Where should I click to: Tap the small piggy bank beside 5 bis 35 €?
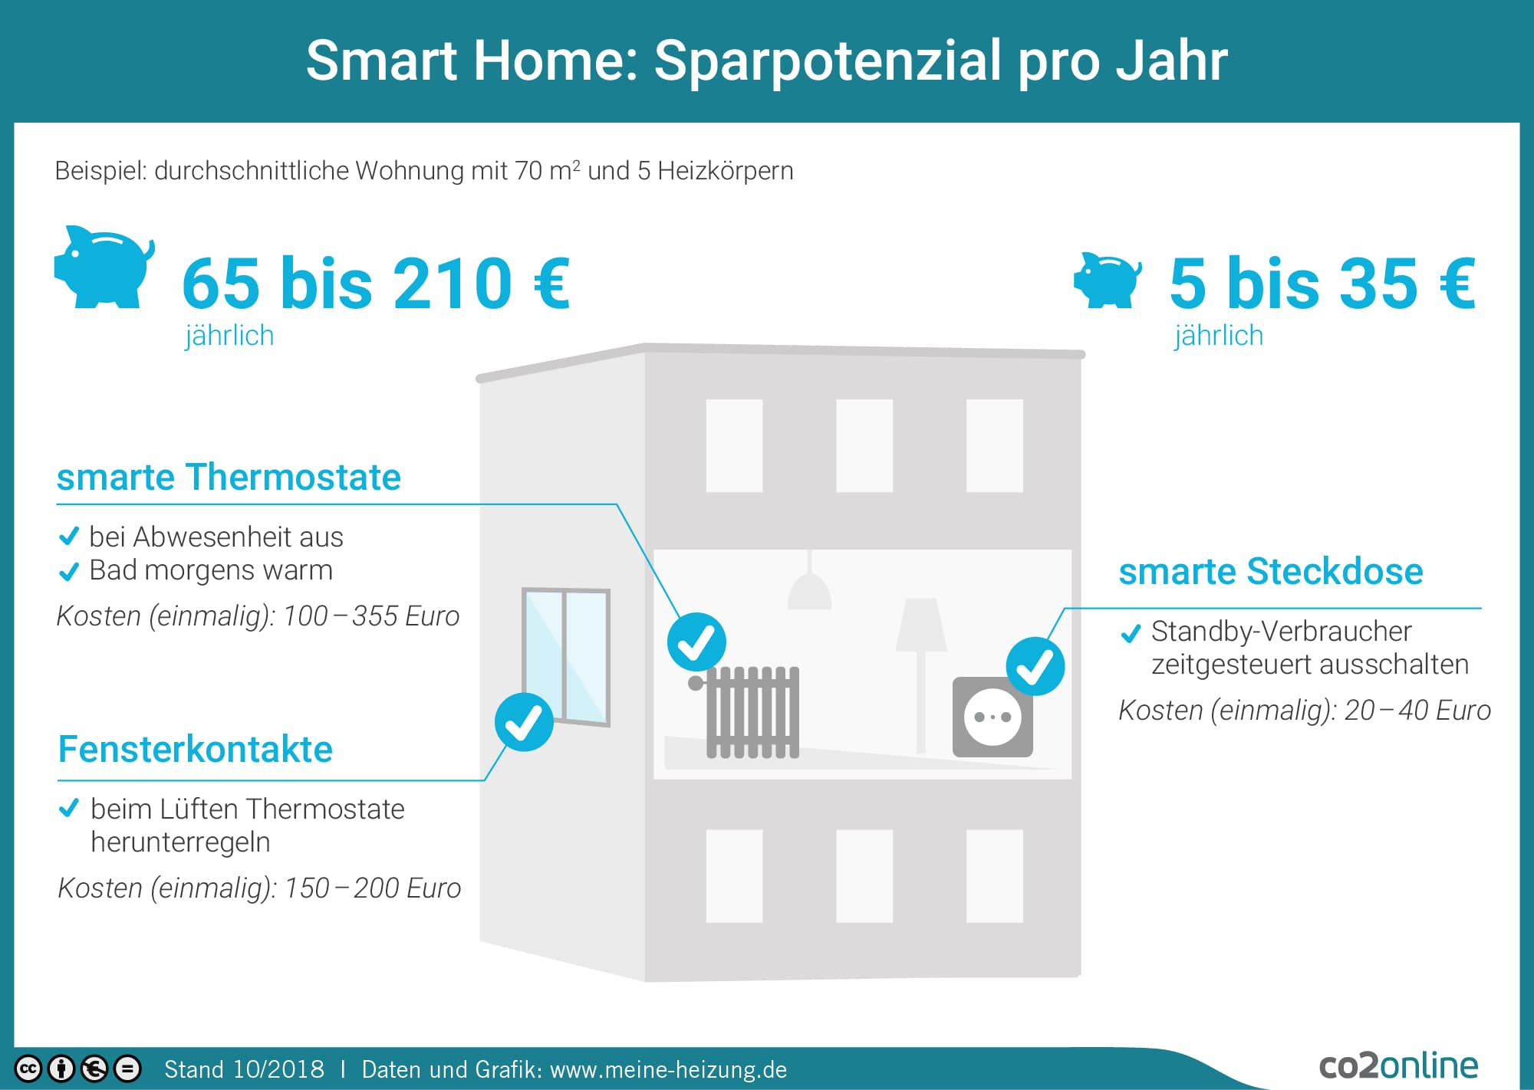(1108, 280)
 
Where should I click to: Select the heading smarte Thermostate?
(229, 477)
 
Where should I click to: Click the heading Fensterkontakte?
(196, 749)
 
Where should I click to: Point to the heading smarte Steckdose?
(1271, 571)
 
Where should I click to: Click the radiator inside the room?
(748, 712)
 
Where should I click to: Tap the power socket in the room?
(992, 717)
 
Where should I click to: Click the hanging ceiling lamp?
(810, 582)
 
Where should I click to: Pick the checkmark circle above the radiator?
(696, 642)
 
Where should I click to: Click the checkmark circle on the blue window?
(524, 722)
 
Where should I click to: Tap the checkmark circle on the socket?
(1035, 666)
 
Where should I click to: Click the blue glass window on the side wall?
(566, 656)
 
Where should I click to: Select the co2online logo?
(1398, 1065)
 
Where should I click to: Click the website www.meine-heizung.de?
(669, 1069)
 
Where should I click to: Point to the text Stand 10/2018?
(244, 1069)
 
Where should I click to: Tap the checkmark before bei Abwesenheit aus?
(69, 536)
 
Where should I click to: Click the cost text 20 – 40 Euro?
(1417, 711)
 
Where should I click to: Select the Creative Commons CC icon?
(28, 1069)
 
